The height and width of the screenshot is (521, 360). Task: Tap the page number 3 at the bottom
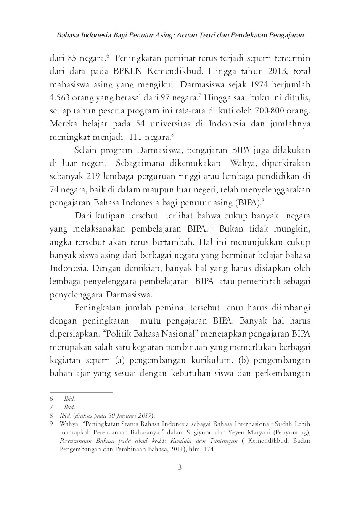180,467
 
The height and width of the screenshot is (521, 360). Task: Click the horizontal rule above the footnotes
81,392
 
